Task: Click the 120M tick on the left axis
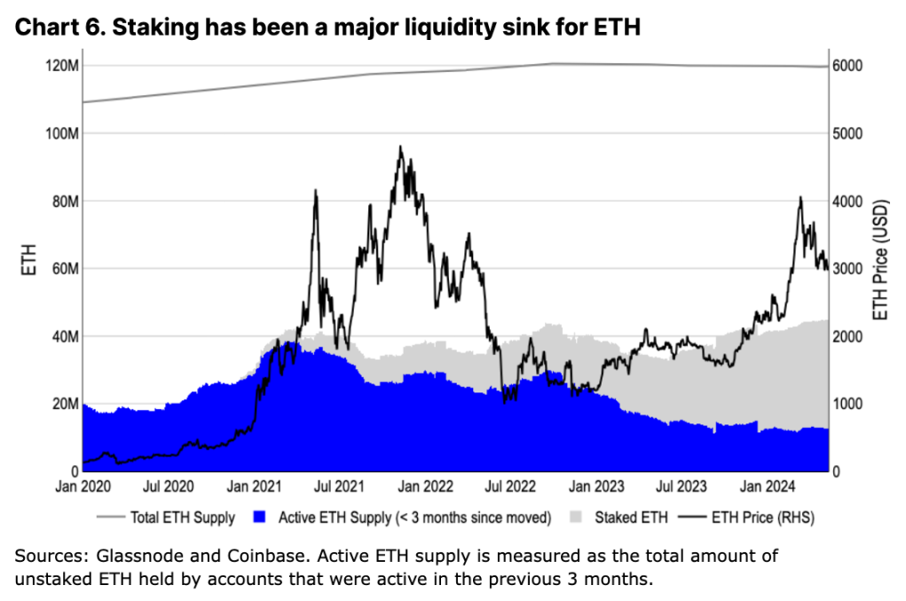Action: (61, 67)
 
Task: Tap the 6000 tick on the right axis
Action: (850, 67)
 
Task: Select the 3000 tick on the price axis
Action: (850, 269)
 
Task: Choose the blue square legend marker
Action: (259, 517)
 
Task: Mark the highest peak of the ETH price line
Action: (400, 147)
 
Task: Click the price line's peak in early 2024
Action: (800, 198)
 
